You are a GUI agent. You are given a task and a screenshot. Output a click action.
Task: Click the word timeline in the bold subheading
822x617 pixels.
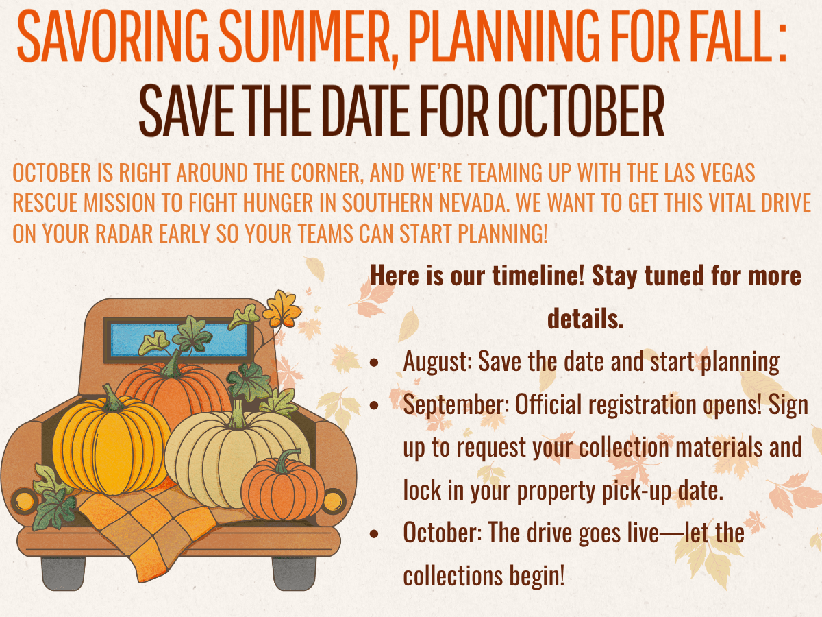coord(538,276)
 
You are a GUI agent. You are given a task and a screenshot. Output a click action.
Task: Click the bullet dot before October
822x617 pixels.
coord(374,533)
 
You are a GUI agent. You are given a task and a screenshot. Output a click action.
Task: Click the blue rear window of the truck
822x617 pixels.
coord(179,341)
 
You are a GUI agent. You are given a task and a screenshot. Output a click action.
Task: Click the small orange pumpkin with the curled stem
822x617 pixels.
coord(283,486)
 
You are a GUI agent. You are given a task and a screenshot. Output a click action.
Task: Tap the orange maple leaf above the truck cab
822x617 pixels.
coord(282,309)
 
